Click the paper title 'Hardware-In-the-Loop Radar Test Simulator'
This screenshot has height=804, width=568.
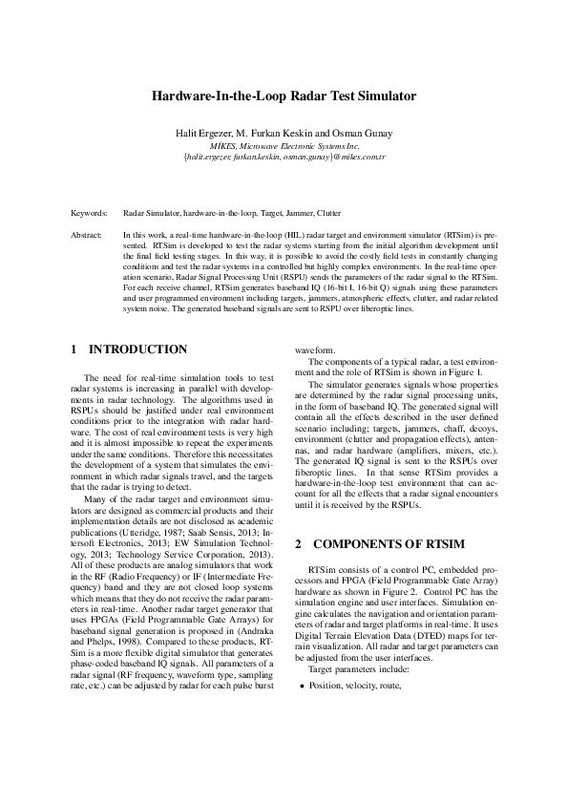[284, 96]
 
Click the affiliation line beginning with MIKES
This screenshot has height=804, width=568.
[284, 144]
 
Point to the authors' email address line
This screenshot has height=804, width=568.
[284, 155]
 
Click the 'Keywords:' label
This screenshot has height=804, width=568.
[89, 213]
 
